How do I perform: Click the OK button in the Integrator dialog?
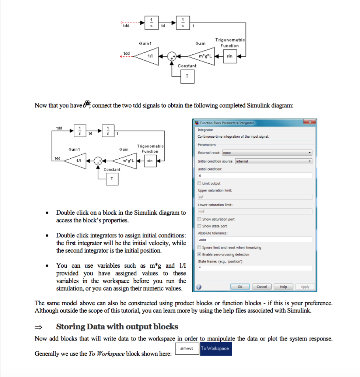point(240,287)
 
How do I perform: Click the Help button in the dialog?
point(283,287)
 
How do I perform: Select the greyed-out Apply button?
point(305,287)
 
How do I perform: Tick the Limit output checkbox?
point(200,183)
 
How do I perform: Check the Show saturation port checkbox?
point(200,219)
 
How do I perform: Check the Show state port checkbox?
point(200,226)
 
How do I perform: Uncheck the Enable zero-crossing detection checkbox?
point(200,254)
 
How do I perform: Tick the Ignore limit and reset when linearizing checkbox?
point(200,247)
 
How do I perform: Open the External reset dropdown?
point(267,153)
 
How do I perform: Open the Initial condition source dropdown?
point(273,161)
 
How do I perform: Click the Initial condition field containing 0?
point(255,176)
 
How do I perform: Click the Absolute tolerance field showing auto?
point(255,240)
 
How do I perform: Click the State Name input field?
point(255,268)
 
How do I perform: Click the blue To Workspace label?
point(215,349)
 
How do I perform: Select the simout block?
point(187,349)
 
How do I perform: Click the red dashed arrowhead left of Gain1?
point(122,56)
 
